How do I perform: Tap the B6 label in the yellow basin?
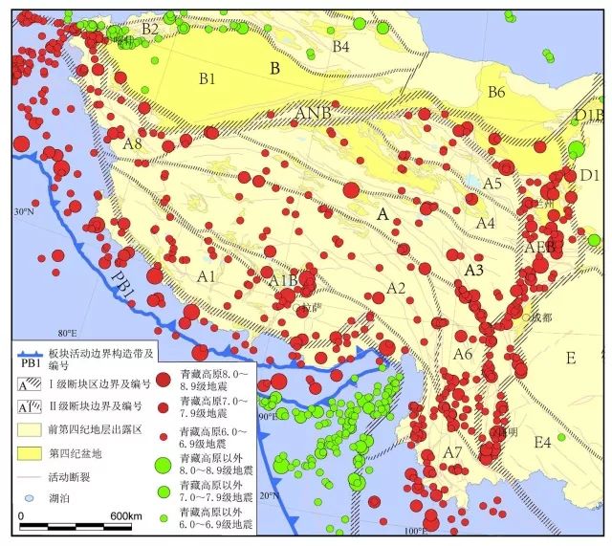coord(495,93)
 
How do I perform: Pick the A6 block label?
coord(463,355)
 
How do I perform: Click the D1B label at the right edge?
coord(589,116)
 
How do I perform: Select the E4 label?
coord(542,442)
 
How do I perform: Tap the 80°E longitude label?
coord(67,333)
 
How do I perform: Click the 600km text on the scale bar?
coord(126,516)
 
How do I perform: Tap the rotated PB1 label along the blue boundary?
coord(122,259)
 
